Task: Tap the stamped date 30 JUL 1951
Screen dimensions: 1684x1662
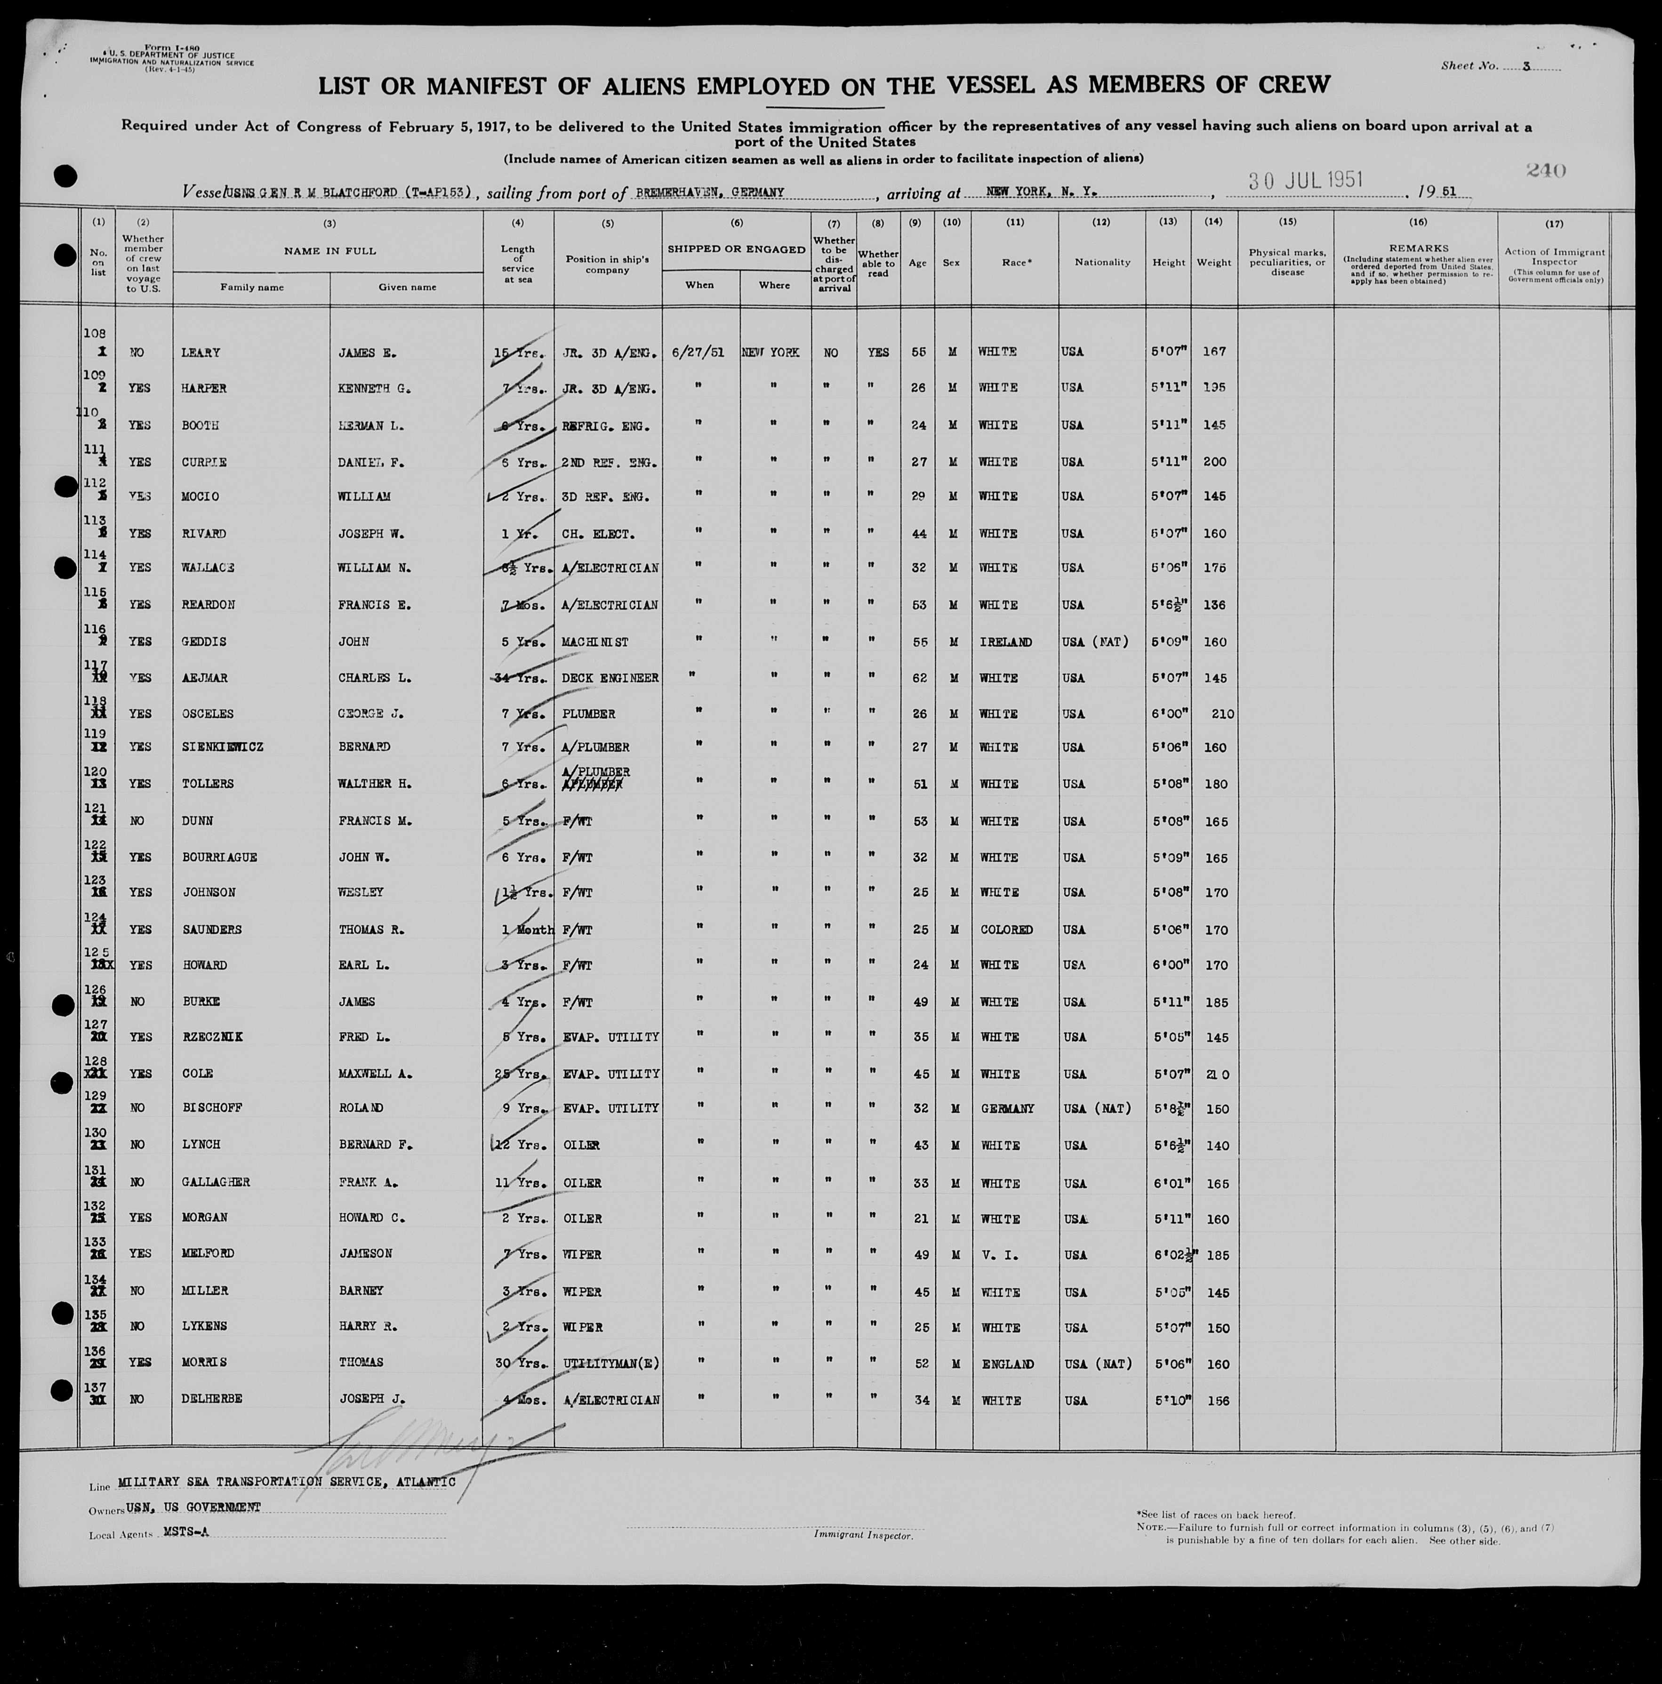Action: tap(1305, 180)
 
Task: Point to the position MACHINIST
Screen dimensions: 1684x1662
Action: tap(595, 642)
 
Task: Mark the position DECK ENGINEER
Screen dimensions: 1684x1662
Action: tap(610, 678)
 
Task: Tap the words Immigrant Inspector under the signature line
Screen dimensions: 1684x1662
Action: tap(863, 1559)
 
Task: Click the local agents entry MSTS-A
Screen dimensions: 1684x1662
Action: tap(185, 1532)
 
